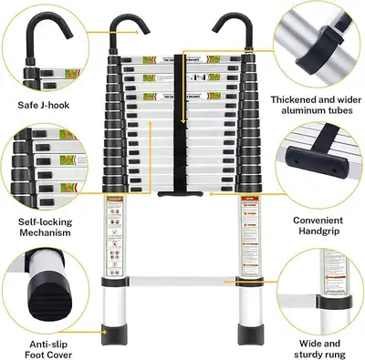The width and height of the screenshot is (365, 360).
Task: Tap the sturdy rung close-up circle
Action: (318, 285)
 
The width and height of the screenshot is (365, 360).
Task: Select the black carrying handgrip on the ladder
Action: (182, 193)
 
